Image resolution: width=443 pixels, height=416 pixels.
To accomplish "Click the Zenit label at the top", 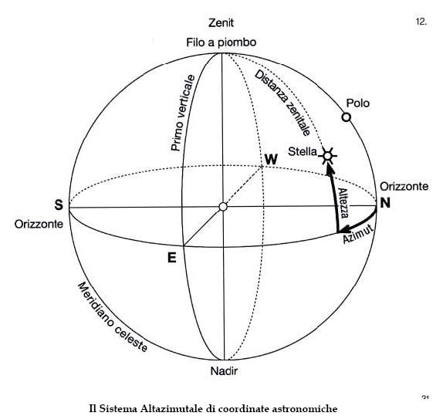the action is (221, 23).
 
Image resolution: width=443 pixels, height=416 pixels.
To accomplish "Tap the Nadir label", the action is (224, 370).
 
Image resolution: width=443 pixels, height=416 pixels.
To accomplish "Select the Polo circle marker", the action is (347, 117).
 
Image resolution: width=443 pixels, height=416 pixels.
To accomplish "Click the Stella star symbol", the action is (327, 156).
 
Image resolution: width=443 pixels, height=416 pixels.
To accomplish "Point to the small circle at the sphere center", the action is (223, 207).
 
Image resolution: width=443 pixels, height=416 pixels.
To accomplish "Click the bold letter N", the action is (385, 203).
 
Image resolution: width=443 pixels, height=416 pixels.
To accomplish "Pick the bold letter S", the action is (59, 205).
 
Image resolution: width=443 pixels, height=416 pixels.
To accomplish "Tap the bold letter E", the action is (172, 258).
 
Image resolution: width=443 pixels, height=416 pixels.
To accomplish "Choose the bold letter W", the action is (271, 160).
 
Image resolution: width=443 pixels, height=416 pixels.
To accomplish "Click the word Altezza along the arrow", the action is (343, 203).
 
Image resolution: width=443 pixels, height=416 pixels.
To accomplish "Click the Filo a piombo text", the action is (221, 42).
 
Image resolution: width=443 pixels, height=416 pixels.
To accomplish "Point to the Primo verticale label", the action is (183, 113).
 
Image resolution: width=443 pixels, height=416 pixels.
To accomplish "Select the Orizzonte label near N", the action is (404, 187).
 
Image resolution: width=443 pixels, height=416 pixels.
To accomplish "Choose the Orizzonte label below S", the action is (39, 224).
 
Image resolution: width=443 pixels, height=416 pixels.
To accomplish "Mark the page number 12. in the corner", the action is (421, 22).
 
